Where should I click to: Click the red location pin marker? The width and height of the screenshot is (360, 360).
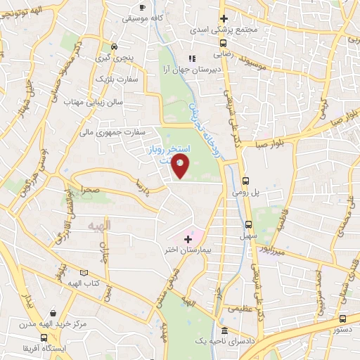pyautogui.click(x=181, y=166)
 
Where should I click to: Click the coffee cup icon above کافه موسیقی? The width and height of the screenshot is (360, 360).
pyautogui.click(x=143, y=7)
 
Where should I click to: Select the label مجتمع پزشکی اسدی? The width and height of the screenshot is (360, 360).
pyautogui.click(x=224, y=31)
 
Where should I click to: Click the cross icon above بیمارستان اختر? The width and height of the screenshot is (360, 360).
pyautogui.click(x=188, y=239)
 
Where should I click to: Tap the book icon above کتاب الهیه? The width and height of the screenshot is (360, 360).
pyautogui.click(x=84, y=272)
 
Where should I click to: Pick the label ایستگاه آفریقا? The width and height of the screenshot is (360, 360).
pyautogui.click(x=51, y=347)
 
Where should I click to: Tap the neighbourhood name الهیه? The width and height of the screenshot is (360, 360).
pyautogui.click(x=98, y=224)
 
